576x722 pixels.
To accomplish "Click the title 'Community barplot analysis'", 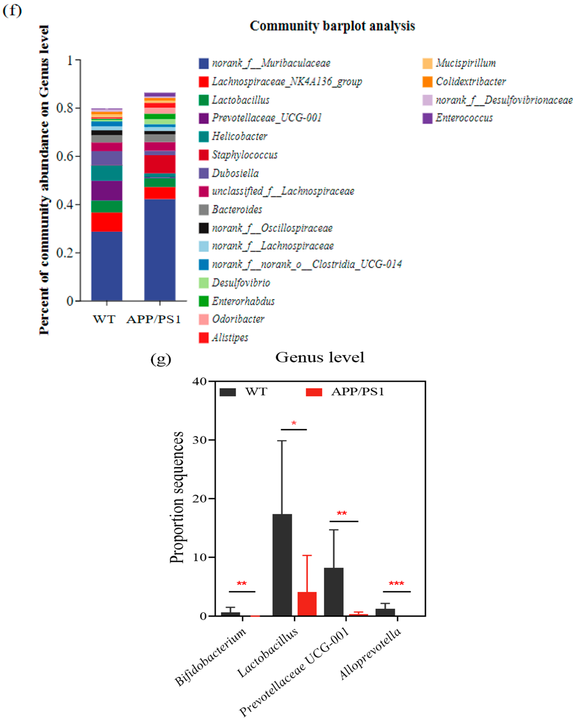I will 332,26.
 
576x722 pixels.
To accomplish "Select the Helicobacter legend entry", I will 239,136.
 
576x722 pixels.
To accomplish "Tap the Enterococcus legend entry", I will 464,118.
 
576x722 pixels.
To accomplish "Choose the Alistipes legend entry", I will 230,337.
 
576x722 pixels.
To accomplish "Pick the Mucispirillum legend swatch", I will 427,63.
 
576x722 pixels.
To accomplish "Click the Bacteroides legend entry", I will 237,210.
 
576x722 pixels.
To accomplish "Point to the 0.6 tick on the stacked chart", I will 65,156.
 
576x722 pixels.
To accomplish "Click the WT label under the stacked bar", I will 104,319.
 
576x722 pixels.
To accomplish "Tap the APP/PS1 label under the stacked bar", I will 154,319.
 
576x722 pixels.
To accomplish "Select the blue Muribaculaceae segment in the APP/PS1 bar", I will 160,250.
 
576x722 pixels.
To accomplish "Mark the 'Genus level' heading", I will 319,357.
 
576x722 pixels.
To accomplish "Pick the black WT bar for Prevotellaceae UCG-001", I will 333,591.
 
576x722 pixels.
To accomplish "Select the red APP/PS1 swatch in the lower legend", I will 314,392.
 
